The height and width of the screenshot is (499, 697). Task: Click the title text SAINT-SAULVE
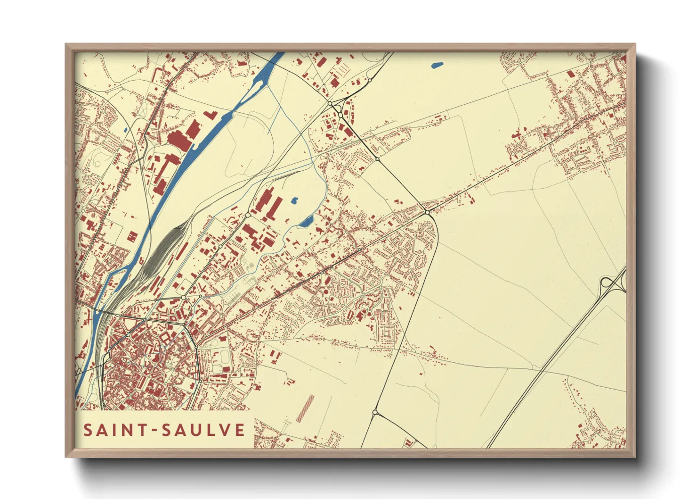(x=164, y=430)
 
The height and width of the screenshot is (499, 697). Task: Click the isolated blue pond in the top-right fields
(x=437, y=66)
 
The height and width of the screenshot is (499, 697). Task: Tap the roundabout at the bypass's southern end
(x=375, y=413)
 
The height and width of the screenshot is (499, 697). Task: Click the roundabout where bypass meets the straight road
(x=427, y=212)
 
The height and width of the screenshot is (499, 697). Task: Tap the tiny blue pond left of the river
(x=125, y=130)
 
